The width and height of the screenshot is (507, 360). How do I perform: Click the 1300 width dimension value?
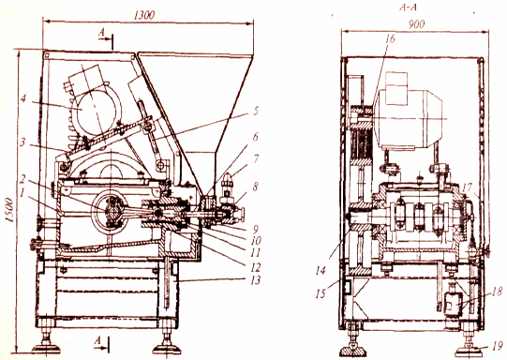click(144, 15)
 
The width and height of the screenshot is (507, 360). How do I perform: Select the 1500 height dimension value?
click(9, 210)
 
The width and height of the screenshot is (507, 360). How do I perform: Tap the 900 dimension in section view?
click(416, 24)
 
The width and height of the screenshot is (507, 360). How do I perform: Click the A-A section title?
click(408, 7)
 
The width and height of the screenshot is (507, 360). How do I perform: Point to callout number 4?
click(23, 98)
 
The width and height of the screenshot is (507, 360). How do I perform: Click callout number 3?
click(22, 142)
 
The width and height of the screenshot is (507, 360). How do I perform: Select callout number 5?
click(256, 111)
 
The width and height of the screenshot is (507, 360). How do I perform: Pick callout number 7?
click(256, 158)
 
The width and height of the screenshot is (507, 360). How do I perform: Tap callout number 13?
click(256, 279)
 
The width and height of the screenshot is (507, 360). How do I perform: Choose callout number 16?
click(390, 38)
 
